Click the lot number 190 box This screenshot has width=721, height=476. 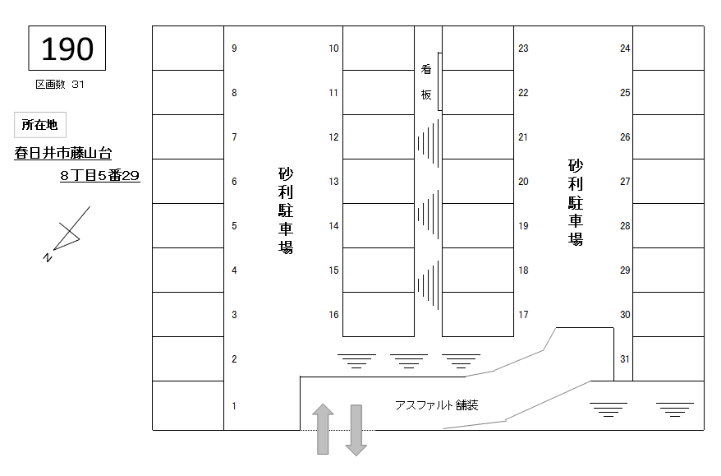[x=67, y=49]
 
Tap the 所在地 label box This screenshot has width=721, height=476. [x=39, y=125]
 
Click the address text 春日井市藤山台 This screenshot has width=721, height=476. [x=63, y=152]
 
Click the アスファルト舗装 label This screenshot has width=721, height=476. [x=436, y=405]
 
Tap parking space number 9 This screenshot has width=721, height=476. [x=188, y=49]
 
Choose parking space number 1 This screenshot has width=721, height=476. [x=188, y=405]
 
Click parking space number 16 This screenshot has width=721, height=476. [x=378, y=314]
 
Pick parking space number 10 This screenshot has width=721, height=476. [x=378, y=49]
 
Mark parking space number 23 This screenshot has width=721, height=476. [x=478, y=49]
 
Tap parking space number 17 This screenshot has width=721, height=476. [x=478, y=314]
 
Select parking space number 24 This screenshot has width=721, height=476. [x=668, y=49]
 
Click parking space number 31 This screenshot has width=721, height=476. [x=668, y=358]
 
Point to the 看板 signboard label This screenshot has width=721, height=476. [x=426, y=82]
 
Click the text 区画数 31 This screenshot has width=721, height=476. [x=60, y=85]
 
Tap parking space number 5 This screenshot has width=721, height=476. [x=188, y=226]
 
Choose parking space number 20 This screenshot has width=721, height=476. [x=478, y=182]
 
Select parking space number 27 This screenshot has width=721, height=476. [x=668, y=182]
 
